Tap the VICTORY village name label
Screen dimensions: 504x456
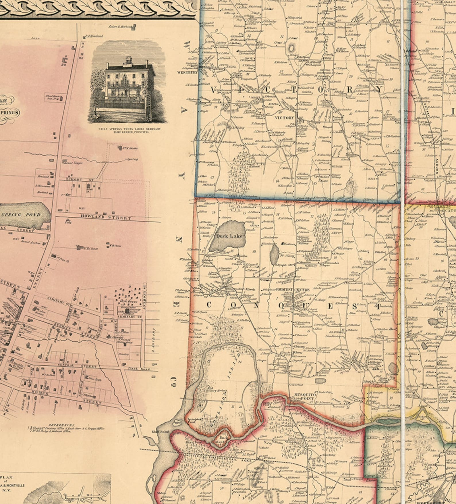point(284,118)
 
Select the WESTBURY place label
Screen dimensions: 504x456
point(188,73)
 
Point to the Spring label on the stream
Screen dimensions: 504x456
point(133,159)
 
